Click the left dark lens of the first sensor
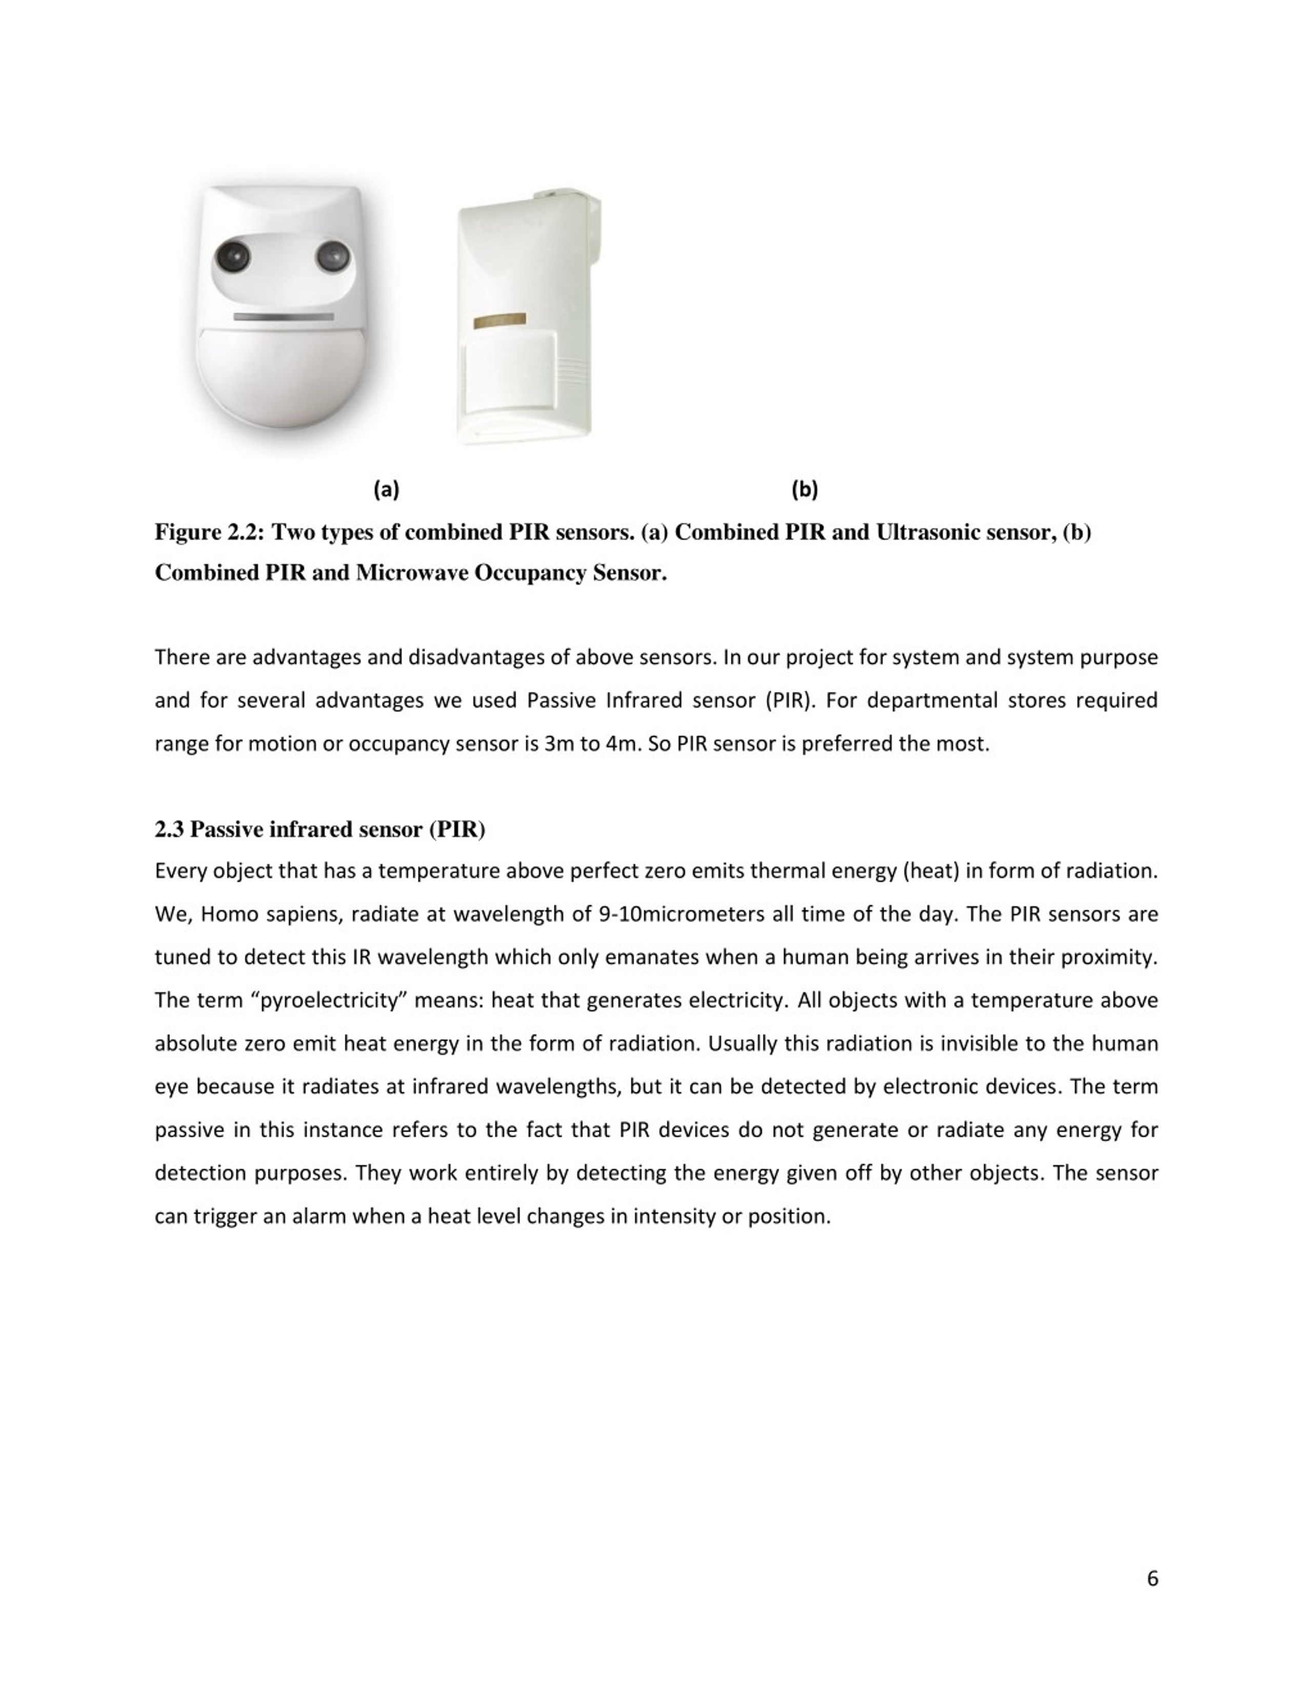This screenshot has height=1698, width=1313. (x=232, y=256)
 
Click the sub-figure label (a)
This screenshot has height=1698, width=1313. (x=386, y=490)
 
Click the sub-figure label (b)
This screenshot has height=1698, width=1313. (x=804, y=490)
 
